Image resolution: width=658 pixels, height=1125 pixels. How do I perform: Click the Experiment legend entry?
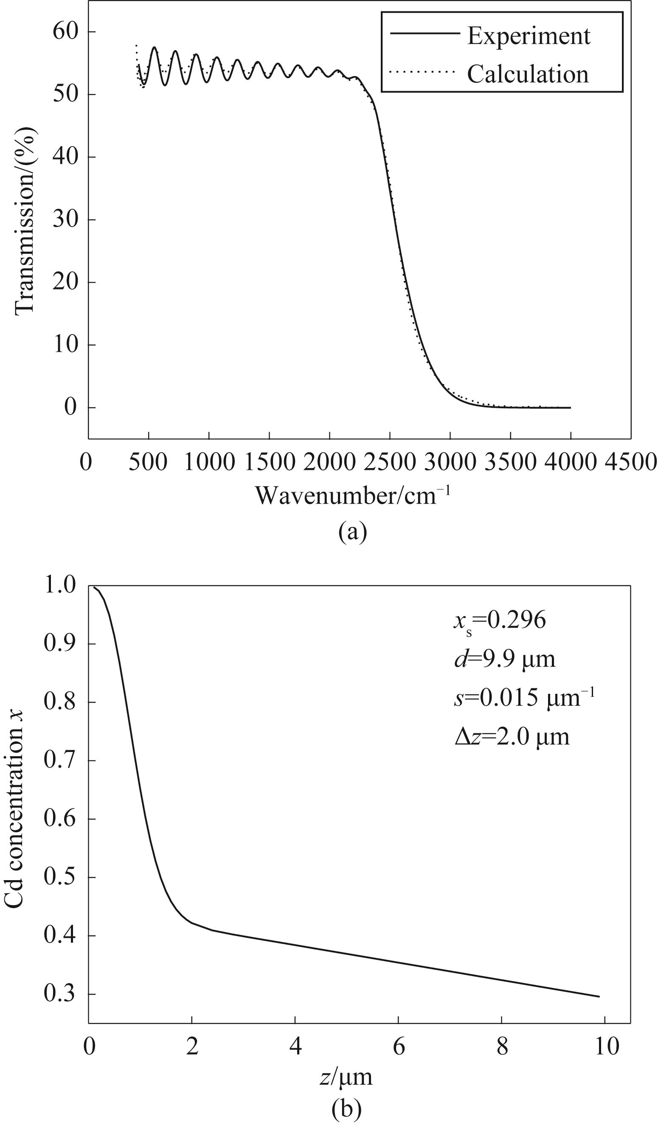529,36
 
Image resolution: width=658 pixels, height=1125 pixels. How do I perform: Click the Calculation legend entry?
528,74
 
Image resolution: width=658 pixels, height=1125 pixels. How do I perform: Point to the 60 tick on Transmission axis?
65,32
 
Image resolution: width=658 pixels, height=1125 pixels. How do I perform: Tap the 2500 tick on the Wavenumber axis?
390,462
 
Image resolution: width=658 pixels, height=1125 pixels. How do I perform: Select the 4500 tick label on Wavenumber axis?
631,462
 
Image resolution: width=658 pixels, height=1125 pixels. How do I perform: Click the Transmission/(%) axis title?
25,222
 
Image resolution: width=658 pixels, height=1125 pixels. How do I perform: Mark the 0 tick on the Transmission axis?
70,407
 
